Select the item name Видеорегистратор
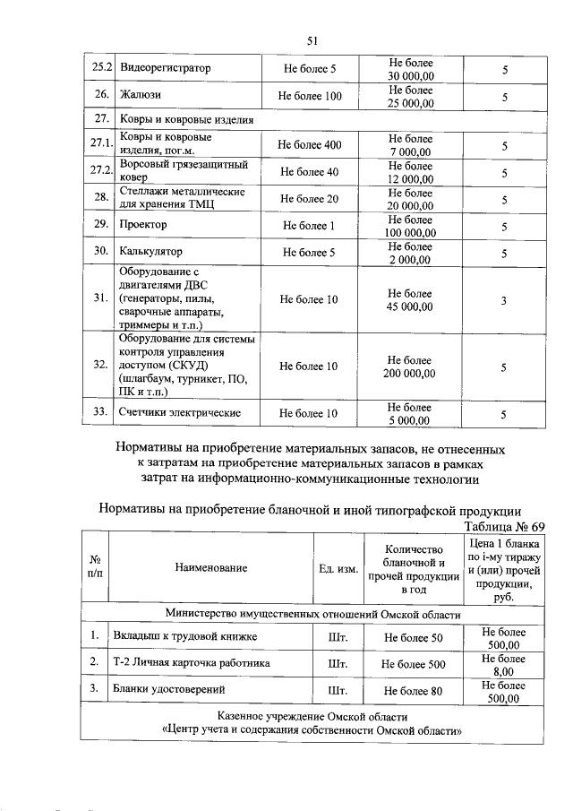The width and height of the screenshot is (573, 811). [x=164, y=68]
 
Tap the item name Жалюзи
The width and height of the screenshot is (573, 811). [x=141, y=96]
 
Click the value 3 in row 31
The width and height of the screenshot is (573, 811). [x=504, y=300]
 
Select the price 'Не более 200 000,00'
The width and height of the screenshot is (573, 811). [x=410, y=367]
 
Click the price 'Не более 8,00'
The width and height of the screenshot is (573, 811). [x=502, y=664]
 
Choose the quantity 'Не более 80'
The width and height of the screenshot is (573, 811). [x=413, y=691]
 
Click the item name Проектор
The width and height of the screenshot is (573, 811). [x=143, y=226]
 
